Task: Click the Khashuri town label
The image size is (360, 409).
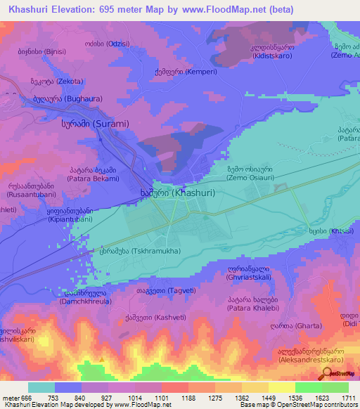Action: [173, 192]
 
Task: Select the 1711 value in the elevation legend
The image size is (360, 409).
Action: [347, 398]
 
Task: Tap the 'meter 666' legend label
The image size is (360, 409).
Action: [13, 398]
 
